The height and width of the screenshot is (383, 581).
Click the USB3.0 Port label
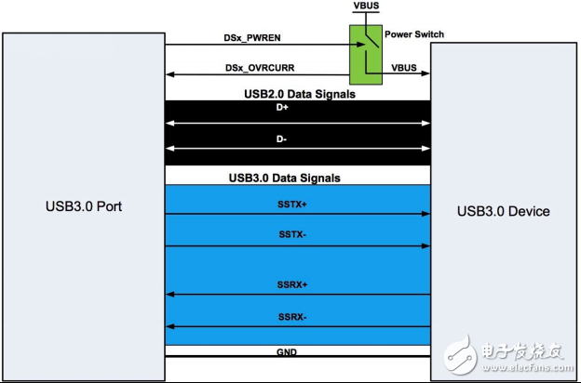(x=83, y=205)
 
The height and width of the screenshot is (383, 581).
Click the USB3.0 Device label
(x=503, y=211)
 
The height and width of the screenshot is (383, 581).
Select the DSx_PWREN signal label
(x=252, y=39)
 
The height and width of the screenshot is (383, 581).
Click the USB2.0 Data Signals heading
(x=298, y=94)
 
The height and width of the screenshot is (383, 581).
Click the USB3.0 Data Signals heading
(x=298, y=177)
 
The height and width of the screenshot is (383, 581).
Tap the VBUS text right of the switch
(x=404, y=68)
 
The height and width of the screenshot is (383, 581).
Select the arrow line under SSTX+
(x=298, y=214)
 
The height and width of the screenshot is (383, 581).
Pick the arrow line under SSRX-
(x=298, y=326)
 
